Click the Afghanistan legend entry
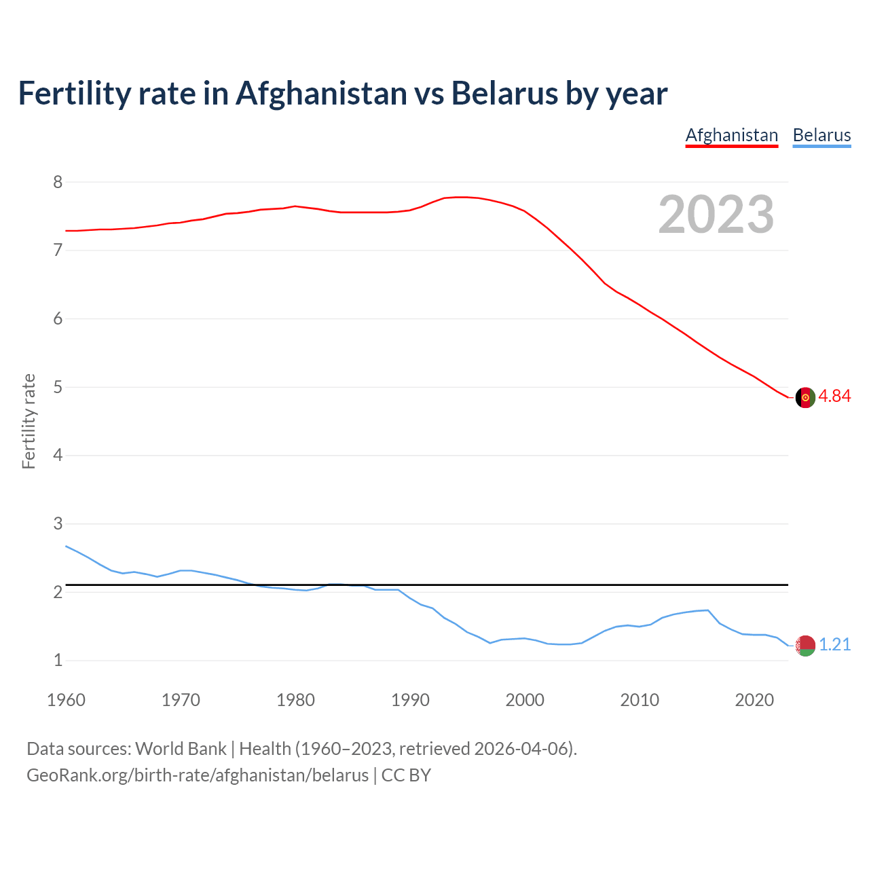pos(731,135)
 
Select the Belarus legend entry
pos(821,135)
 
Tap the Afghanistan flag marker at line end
pos(805,398)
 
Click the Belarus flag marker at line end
pos(805,646)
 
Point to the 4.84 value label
pos(834,396)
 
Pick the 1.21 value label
pos(834,645)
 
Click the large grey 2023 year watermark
pos(716,215)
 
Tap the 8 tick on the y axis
pos(58,182)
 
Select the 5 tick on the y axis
pos(58,388)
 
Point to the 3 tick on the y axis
pos(58,524)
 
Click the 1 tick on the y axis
pos(58,661)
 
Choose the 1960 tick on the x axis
pos(66,700)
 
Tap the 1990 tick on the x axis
pos(410,700)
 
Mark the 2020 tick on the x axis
pos(754,700)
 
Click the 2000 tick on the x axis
pos(525,700)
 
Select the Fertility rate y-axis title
pos(29,421)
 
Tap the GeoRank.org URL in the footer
pos(197,775)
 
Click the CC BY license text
pos(406,775)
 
